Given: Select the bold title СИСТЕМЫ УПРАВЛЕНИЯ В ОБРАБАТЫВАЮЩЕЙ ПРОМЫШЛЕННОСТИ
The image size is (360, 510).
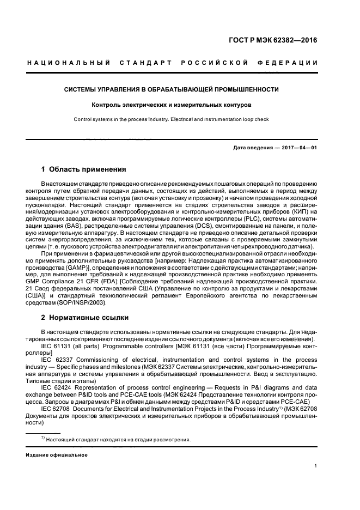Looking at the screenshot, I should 172,89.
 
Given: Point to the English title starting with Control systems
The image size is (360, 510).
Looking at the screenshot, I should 172,119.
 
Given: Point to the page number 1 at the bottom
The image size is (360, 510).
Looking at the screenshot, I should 316,466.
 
